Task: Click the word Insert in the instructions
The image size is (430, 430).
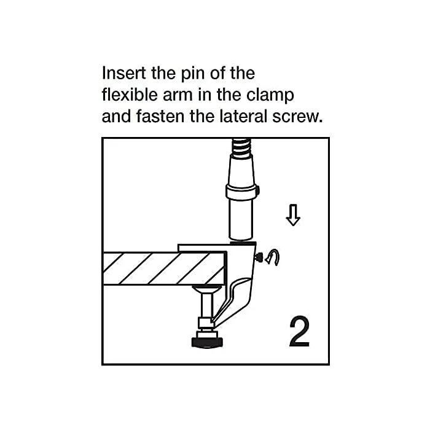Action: click(x=123, y=73)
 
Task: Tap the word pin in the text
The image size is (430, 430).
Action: click(x=190, y=74)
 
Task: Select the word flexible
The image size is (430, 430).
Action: click(x=130, y=95)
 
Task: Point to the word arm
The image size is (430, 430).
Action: click(x=178, y=95)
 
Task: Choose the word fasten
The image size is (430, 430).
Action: click(x=160, y=116)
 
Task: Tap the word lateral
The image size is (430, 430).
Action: click(x=243, y=116)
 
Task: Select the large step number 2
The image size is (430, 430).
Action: click(x=299, y=332)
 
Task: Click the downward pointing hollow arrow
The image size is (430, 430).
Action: click(x=293, y=215)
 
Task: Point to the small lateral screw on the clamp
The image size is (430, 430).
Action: click(x=259, y=257)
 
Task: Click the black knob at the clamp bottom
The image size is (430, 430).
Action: click(x=206, y=342)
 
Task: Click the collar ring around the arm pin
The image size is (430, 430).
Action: click(x=241, y=192)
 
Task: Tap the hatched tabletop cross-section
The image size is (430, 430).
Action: click(x=165, y=268)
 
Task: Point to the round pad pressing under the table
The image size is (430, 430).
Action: click(x=206, y=289)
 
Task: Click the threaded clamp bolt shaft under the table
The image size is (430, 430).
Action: click(x=206, y=305)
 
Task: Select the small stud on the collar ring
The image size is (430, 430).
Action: click(x=258, y=191)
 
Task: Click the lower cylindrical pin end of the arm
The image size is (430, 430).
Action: click(x=241, y=219)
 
